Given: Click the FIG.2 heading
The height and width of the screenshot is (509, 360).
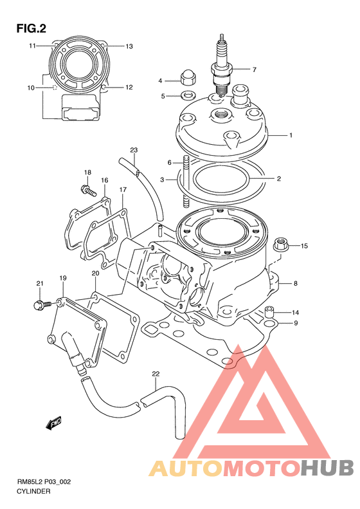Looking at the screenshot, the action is (x=31, y=29).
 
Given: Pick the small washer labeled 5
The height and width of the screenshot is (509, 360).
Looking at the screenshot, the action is (x=188, y=96).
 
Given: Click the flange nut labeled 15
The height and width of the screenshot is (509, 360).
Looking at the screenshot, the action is (x=282, y=245).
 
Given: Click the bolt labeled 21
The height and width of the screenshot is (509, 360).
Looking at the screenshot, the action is (x=42, y=304).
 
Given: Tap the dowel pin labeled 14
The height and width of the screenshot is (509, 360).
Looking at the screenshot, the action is (x=269, y=311).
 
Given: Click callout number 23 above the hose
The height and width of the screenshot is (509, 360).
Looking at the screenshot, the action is (x=134, y=150).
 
